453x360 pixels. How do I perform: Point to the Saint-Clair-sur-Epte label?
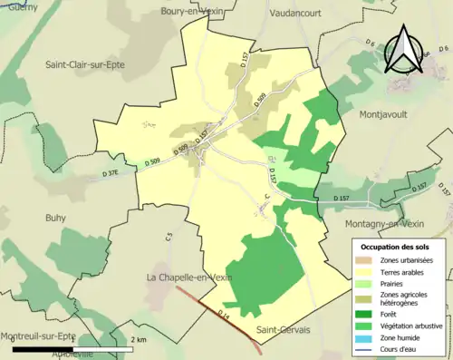[85, 64]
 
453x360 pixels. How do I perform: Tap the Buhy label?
[56, 218]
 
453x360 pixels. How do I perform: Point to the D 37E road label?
[111, 173]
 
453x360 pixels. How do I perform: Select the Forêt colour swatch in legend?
[362, 316]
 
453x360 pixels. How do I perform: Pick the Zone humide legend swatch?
[362, 338]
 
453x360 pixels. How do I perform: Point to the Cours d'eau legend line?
[362, 350]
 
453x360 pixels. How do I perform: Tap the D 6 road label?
[371, 44]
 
